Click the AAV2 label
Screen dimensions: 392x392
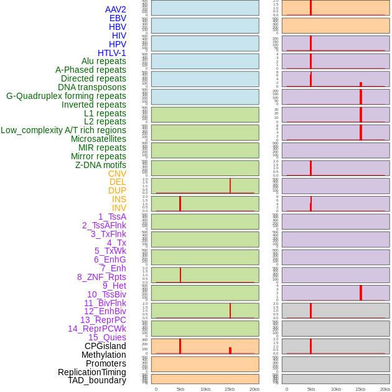(116, 9)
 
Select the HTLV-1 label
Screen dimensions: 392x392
(112, 53)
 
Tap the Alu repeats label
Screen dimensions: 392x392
(104, 61)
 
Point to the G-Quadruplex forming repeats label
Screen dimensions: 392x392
(66, 96)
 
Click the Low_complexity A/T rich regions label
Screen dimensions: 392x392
(63, 130)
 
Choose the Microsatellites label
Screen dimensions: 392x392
(98, 139)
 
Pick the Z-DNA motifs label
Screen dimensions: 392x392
(101, 165)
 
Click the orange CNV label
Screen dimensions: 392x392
(117, 174)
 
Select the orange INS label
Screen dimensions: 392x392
(119, 199)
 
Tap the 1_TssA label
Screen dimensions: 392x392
(112, 217)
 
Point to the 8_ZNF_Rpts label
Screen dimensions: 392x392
(101, 277)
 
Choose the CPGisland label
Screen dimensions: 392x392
(105, 346)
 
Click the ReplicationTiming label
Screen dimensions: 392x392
(92, 372)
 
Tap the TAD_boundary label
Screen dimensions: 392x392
(97, 380)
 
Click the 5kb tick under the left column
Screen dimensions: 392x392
(180, 389)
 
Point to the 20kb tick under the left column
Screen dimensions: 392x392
(254, 389)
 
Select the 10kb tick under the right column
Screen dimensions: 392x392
(335, 389)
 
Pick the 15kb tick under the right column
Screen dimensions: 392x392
(360, 389)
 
